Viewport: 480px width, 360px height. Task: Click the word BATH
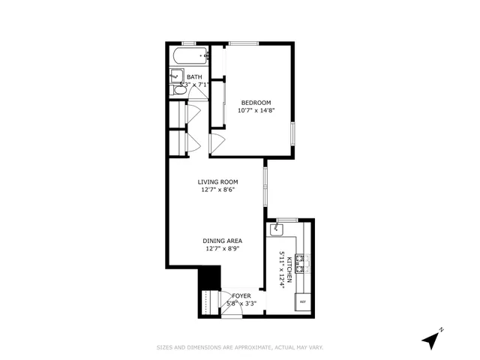coord(194,77)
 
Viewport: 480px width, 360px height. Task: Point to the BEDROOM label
coord(256,103)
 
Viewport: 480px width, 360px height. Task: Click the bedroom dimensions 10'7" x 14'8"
coord(256,110)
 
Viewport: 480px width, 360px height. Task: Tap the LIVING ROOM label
coord(218,182)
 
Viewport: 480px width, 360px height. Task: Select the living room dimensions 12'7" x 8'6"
coord(218,190)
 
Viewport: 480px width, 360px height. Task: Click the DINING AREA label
coord(222,241)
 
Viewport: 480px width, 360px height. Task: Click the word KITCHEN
coord(289,266)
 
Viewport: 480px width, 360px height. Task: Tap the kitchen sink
coord(277,226)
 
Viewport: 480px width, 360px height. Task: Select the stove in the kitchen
coord(300,262)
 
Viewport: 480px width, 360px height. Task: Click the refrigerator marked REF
coord(303,301)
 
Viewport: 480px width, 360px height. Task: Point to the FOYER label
coord(241,296)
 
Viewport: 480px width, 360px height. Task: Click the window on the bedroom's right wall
coord(293,131)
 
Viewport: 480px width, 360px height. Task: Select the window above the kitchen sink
coord(286,219)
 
